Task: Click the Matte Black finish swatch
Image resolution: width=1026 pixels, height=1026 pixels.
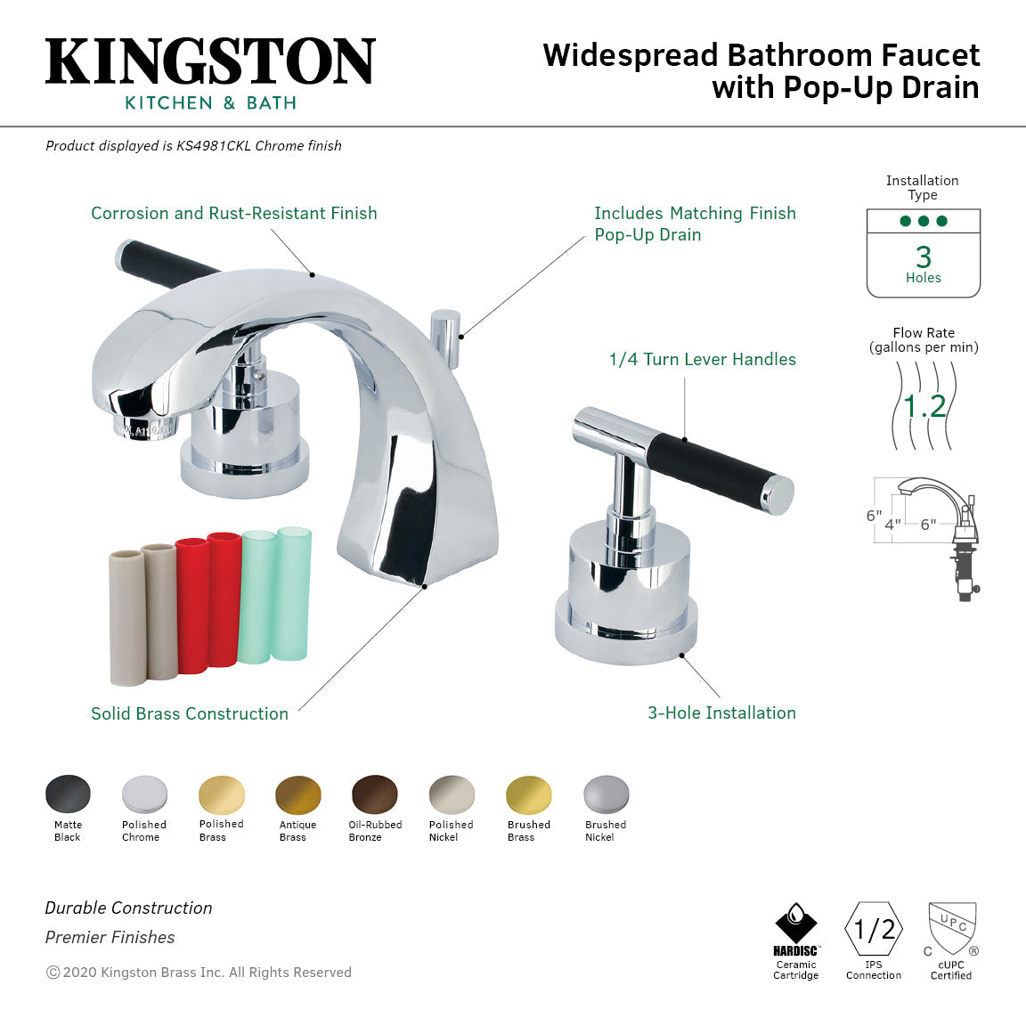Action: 68,794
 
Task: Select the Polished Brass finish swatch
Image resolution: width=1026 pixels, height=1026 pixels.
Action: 222,794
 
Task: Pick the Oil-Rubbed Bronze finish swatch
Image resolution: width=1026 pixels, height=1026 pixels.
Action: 375,794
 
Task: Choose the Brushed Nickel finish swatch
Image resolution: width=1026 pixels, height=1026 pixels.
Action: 607,794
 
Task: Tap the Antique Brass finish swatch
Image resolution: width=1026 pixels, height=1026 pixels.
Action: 298,794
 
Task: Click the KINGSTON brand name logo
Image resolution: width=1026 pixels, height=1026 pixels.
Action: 210,62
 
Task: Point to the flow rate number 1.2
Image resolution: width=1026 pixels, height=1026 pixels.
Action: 924,407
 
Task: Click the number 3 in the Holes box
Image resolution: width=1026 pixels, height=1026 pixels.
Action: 924,256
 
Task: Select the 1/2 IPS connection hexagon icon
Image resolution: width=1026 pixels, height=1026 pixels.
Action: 874,929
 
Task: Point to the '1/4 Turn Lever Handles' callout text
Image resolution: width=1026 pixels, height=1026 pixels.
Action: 702,360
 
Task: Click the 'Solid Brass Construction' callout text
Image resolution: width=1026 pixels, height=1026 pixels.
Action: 190,713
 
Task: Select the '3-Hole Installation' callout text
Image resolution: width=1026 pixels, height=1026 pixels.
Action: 721,712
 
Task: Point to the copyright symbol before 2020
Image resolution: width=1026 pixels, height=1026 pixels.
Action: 53,973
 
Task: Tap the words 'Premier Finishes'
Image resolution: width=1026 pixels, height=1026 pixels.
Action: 110,937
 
